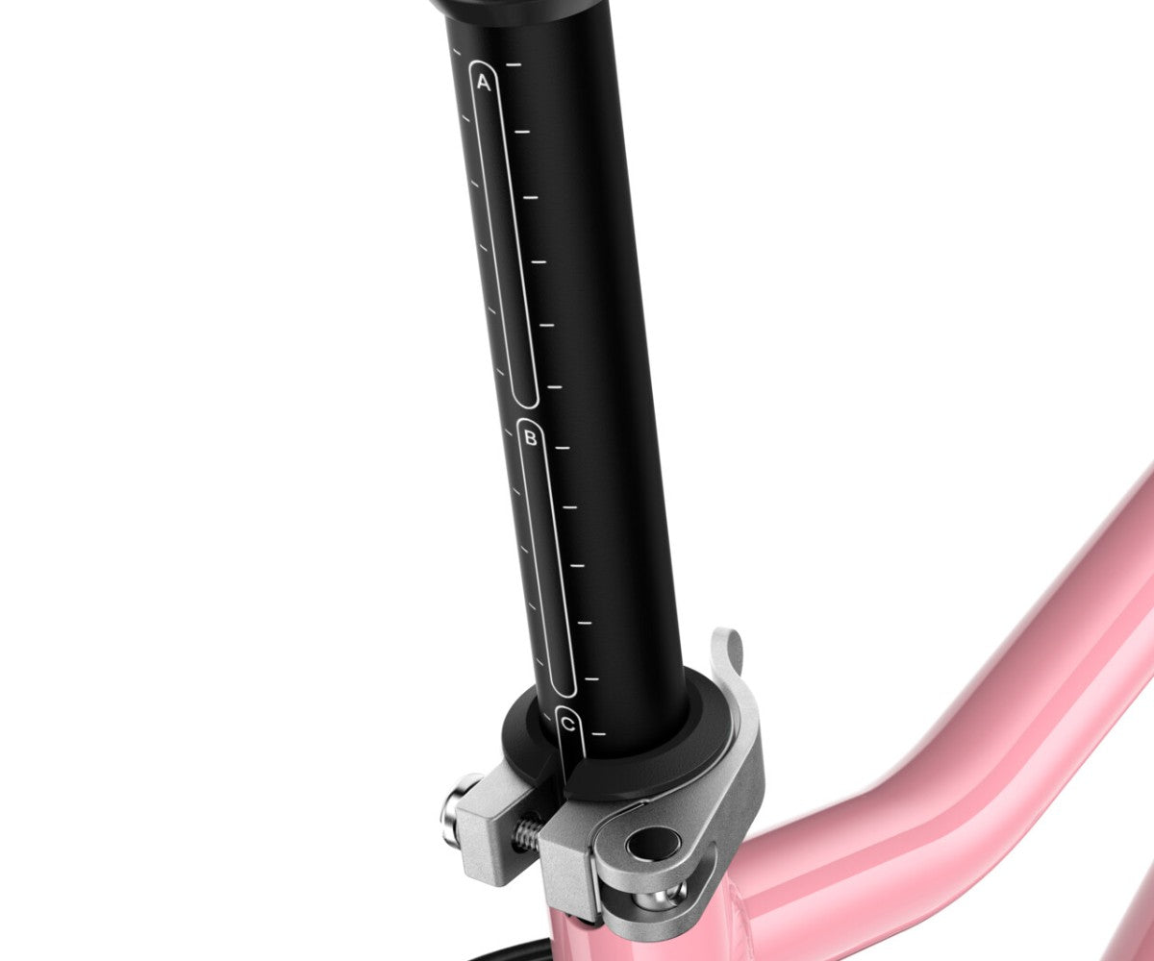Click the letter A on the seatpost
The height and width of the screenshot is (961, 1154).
click(x=483, y=84)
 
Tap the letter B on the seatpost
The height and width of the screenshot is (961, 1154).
click(x=530, y=439)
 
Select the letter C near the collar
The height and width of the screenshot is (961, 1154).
click(x=569, y=724)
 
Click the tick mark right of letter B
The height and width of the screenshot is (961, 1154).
click(x=563, y=448)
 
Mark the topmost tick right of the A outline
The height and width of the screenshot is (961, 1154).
click(x=514, y=64)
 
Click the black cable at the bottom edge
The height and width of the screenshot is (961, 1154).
click(x=510, y=953)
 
